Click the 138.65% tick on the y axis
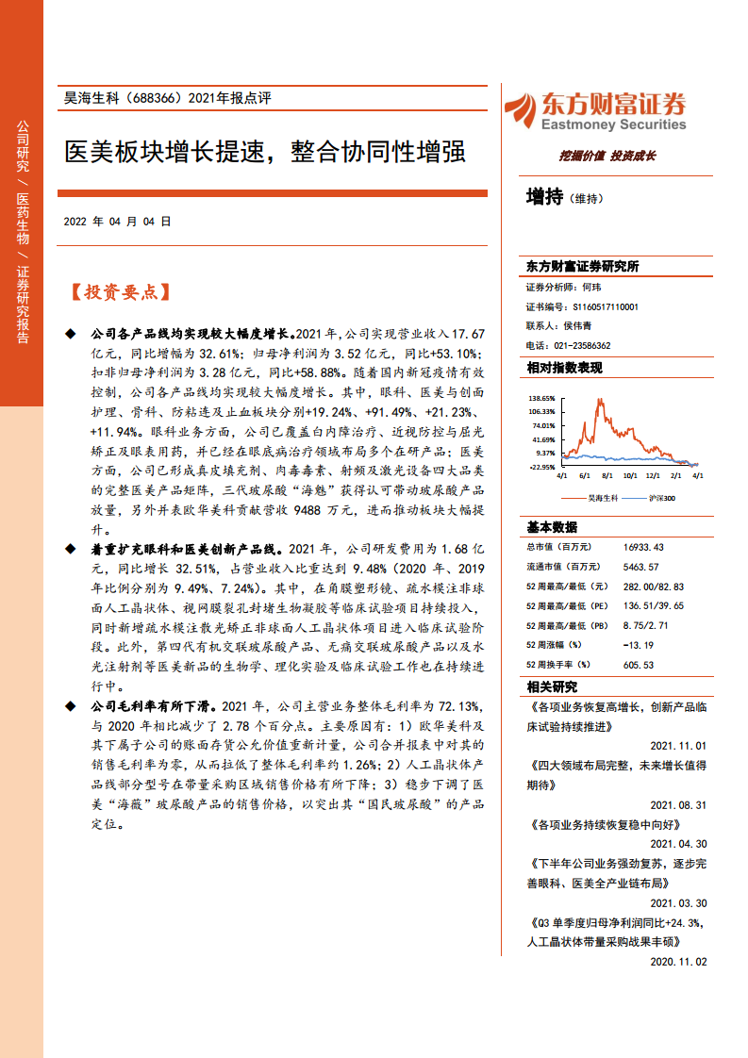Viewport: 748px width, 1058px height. click(x=541, y=398)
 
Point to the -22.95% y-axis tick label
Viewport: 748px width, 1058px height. click(x=541, y=466)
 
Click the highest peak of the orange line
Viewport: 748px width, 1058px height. click(x=598, y=401)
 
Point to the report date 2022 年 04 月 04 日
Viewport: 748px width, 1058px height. click(x=117, y=223)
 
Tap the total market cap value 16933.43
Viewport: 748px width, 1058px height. click(x=643, y=546)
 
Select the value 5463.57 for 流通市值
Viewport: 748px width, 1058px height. click(x=640, y=566)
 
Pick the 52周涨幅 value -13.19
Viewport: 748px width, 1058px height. click(x=638, y=645)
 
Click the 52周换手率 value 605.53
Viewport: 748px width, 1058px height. click(x=638, y=665)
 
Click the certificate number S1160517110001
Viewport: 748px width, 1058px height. click(x=606, y=307)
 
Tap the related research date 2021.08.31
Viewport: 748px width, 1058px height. click(x=678, y=804)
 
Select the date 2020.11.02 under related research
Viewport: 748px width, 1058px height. click(x=678, y=962)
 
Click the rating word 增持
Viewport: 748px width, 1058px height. click(x=544, y=197)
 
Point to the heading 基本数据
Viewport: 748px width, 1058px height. click(x=552, y=526)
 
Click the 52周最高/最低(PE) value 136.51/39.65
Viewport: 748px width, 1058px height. click(x=653, y=605)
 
